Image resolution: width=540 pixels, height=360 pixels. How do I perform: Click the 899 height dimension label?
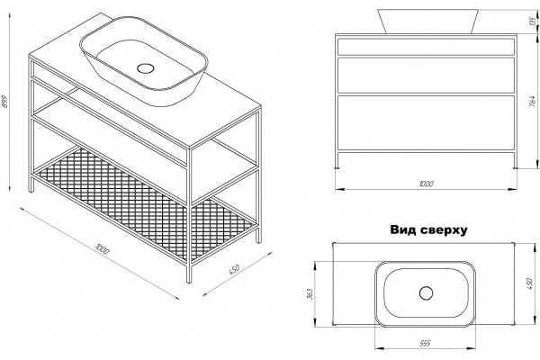click(4, 102)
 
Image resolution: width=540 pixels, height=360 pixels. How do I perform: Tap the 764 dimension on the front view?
click(532, 101)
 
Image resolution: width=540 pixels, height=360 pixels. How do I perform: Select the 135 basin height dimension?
click(534, 22)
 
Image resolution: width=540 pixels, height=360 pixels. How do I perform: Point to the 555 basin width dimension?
click(426, 344)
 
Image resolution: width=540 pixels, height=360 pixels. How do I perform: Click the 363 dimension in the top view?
click(310, 293)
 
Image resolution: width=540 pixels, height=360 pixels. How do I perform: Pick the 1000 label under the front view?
click(426, 184)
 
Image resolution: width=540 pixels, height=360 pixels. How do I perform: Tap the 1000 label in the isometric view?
click(103, 248)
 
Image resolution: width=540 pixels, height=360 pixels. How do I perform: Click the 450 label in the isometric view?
click(234, 269)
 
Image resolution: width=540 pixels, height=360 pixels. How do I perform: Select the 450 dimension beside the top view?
click(530, 283)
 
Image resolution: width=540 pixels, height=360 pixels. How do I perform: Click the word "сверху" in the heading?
click(445, 230)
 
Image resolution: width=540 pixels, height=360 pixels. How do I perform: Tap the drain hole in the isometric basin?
click(145, 68)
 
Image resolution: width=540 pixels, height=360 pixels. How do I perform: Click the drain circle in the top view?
click(426, 293)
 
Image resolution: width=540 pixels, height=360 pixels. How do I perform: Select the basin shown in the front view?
click(428, 22)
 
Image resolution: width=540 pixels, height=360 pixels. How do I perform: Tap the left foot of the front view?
click(337, 167)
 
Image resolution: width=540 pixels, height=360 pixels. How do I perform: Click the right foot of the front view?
click(515, 167)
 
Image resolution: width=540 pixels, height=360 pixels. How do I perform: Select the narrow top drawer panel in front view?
click(426, 47)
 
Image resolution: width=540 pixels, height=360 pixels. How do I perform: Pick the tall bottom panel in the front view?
click(426, 123)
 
